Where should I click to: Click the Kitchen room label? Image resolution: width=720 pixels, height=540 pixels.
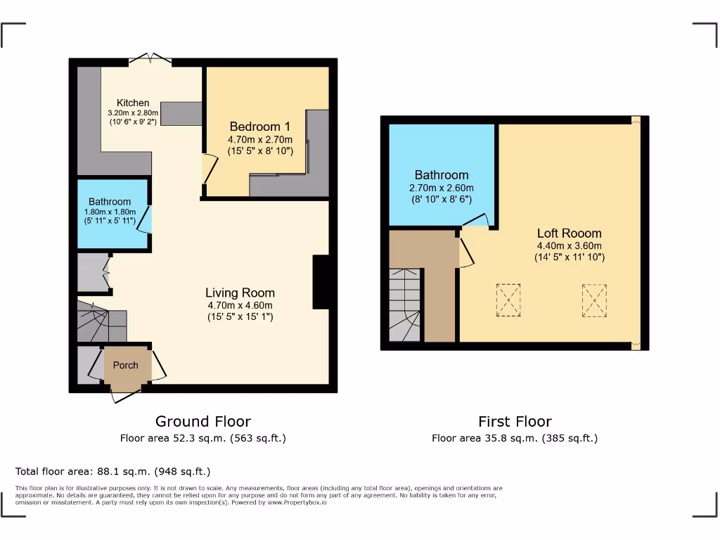point(133,102)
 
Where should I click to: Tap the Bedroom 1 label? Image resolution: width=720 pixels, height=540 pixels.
point(259,127)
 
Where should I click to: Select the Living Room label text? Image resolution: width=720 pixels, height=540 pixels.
point(240,292)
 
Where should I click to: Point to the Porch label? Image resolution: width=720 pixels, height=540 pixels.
point(126,365)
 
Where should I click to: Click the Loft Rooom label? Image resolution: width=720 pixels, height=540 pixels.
point(569,233)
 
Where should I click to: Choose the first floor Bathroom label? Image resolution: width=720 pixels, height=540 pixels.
point(441,175)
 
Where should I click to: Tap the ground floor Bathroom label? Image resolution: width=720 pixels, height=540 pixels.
point(110,202)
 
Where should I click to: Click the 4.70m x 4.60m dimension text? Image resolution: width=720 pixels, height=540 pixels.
point(240,305)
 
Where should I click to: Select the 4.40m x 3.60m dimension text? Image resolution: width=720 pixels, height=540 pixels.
point(569,245)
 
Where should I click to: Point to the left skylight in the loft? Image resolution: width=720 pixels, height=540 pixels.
point(508,300)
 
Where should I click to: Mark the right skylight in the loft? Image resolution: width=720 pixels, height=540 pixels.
point(594,300)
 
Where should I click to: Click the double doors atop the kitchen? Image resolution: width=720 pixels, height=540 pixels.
point(150,59)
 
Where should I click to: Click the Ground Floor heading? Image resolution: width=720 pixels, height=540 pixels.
point(202,421)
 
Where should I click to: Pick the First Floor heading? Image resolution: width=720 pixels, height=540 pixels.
point(515,421)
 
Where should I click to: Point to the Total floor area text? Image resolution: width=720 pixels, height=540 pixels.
point(112,471)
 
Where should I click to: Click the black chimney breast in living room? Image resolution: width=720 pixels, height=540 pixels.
point(321,282)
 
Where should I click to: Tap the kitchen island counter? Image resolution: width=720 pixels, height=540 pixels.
point(181,113)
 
